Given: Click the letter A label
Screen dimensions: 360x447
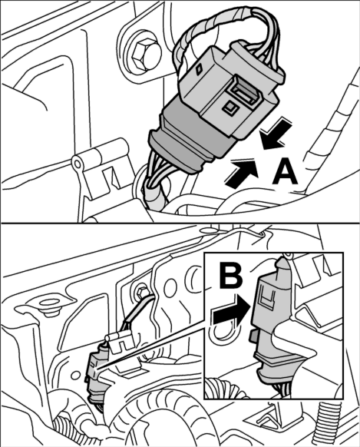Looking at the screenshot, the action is tap(285, 174).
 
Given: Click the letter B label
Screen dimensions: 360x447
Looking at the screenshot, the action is tap(231, 276).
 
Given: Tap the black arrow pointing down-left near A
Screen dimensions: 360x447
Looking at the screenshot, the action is tap(276, 134).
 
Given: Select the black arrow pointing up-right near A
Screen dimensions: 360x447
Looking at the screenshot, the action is tap(243, 173).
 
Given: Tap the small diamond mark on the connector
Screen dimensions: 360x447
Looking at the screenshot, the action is tap(200, 68).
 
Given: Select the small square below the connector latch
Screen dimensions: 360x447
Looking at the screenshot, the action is tap(229, 108).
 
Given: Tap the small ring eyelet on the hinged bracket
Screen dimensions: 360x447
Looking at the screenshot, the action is tap(77, 164).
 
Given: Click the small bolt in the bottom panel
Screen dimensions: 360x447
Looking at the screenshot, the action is tap(141, 292).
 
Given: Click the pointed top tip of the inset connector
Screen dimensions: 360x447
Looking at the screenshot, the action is tap(282, 261).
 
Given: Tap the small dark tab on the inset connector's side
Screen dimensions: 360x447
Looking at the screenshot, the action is tap(253, 337).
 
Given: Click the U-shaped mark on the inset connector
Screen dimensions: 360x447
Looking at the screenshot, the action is tap(267, 297).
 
